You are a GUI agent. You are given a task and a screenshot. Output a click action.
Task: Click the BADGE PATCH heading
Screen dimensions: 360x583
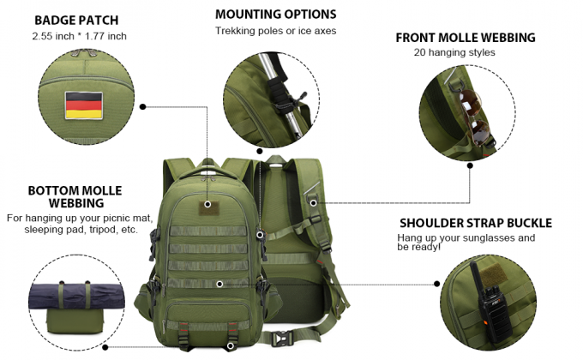point(76,20)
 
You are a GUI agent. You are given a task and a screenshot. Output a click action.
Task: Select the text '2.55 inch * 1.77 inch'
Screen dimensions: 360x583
point(78,36)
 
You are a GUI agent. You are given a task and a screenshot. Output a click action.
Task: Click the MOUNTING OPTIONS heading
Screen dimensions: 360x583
point(275,15)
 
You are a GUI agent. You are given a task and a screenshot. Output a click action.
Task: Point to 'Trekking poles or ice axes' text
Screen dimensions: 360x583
point(275,31)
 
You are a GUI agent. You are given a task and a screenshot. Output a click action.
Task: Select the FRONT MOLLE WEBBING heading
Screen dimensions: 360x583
point(465,38)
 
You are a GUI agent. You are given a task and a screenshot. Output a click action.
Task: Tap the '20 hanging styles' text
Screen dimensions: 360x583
point(454,52)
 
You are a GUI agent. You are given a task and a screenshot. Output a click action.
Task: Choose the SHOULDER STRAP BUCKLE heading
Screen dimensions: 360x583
point(474,223)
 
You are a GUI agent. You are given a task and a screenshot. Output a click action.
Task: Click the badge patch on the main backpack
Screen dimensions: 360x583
point(207,205)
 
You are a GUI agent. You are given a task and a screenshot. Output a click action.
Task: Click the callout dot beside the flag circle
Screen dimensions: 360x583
point(142,107)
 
